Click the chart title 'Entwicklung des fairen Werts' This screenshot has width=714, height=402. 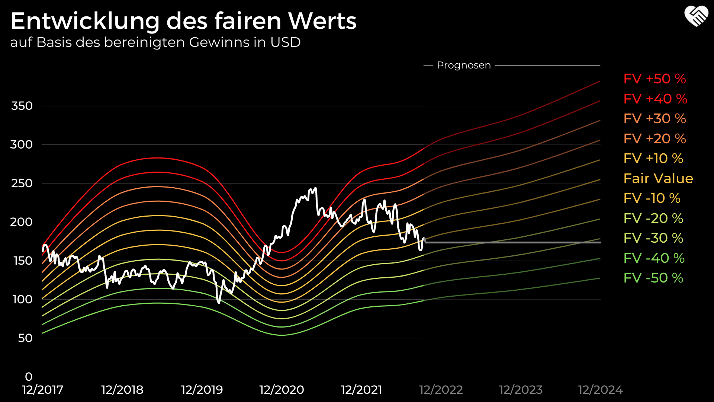(183, 21)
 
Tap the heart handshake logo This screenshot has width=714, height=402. (696, 16)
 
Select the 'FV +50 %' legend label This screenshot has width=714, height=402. (654, 79)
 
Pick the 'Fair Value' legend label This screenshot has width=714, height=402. (658, 179)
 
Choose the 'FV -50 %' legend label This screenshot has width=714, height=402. (653, 278)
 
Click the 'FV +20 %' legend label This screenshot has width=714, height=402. (654, 139)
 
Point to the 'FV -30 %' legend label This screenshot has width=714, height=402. (653, 238)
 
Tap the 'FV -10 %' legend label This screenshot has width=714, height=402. (652, 198)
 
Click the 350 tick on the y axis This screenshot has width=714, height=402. (22, 106)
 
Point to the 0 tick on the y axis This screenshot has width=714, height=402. (29, 377)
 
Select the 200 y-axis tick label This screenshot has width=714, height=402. (21, 222)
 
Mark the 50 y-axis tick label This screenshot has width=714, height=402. (25, 338)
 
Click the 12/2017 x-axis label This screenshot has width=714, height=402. (43, 390)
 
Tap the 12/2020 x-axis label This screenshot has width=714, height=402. (282, 390)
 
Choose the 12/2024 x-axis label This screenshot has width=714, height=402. (600, 390)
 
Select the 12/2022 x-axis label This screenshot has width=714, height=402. (441, 390)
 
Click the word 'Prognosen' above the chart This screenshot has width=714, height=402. (464, 66)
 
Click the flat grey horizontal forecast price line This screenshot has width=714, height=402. (513, 242)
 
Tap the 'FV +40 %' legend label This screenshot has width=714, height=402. (655, 99)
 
